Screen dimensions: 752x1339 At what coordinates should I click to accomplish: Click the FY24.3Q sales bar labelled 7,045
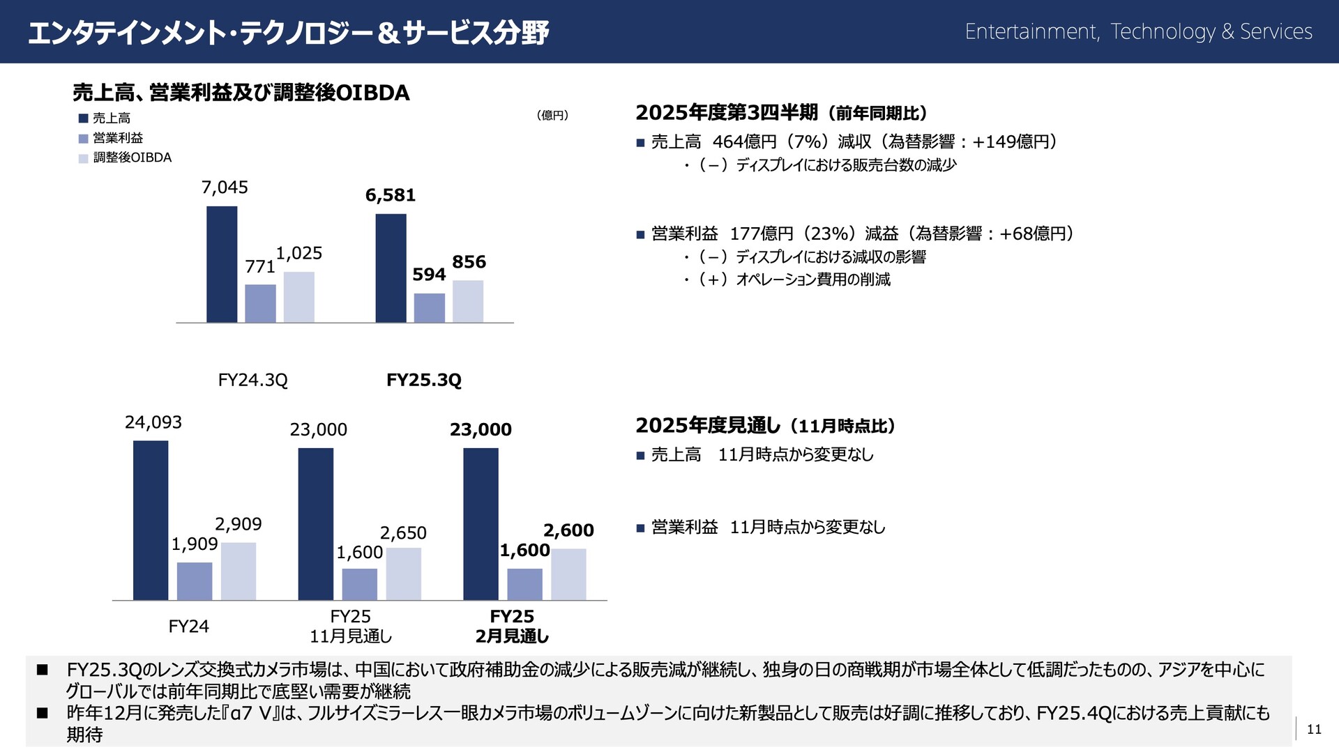coord(222,264)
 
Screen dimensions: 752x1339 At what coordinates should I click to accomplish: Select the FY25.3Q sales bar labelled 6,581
coord(391,268)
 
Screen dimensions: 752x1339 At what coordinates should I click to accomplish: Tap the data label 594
coord(429,275)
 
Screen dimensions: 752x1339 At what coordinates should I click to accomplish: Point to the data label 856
coord(469,262)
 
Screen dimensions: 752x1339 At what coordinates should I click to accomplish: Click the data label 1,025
coord(299,253)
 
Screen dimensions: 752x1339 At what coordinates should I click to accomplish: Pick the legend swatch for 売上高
coord(83,118)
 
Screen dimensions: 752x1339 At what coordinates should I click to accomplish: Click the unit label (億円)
coord(552,115)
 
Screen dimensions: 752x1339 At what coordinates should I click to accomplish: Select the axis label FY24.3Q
coord(252,380)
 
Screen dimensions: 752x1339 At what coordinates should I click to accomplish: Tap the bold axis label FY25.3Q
coord(424,380)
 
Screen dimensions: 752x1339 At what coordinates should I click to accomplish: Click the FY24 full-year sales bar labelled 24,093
coord(151,520)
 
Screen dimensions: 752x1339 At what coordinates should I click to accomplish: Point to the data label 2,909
coord(239,524)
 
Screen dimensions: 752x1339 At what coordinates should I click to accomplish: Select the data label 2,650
coord(403,533)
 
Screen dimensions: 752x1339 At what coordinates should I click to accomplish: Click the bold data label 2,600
coord(568,530)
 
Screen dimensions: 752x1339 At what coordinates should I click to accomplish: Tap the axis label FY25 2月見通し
coord(512,626)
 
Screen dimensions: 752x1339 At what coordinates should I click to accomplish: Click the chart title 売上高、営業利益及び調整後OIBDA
coord(241,93)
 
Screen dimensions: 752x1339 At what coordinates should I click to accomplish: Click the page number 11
coord(1314,729)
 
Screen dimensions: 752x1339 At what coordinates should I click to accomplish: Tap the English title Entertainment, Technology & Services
coord(1138,31)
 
